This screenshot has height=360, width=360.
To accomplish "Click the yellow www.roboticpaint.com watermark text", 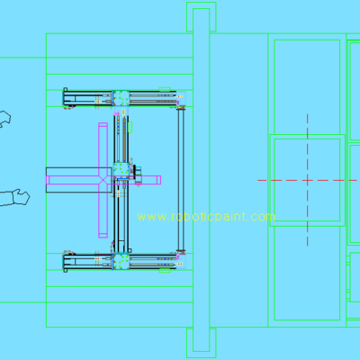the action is (x=206, y=217).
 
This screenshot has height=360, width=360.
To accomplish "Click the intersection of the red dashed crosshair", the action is (x=308, y=180).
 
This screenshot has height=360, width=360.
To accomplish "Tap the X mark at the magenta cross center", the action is (x=103, y=180).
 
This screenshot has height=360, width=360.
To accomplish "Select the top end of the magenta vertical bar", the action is (x=103, y=123).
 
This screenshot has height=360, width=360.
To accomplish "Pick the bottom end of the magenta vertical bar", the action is (x=103, y=237).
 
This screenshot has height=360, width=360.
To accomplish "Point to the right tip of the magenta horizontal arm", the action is (x=160, y=180).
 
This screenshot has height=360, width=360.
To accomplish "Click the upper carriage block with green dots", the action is (x=121, y=98).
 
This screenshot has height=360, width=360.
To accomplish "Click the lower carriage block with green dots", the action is (x=121, y=261).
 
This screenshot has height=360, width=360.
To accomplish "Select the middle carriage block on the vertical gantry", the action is (x=121, y=170).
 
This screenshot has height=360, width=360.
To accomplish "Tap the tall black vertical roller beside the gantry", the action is (x=181, y=179).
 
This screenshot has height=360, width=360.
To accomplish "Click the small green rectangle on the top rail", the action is (x=165, y=89).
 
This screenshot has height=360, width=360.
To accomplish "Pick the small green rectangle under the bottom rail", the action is (x=165, y=271).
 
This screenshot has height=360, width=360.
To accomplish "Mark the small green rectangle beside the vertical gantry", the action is (x=130, y=127).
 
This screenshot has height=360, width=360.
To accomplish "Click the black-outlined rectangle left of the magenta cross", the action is (x=78, y=180).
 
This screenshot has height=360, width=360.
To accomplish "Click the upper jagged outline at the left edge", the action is (x=5, y=119).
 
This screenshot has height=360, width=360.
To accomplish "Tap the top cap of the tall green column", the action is (x=202, y=17).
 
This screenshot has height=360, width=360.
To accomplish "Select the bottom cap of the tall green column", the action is (x=202, y=343).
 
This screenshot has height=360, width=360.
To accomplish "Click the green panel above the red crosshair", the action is (x=307, y=87).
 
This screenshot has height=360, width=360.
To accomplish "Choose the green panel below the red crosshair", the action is (x=307, y=273).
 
